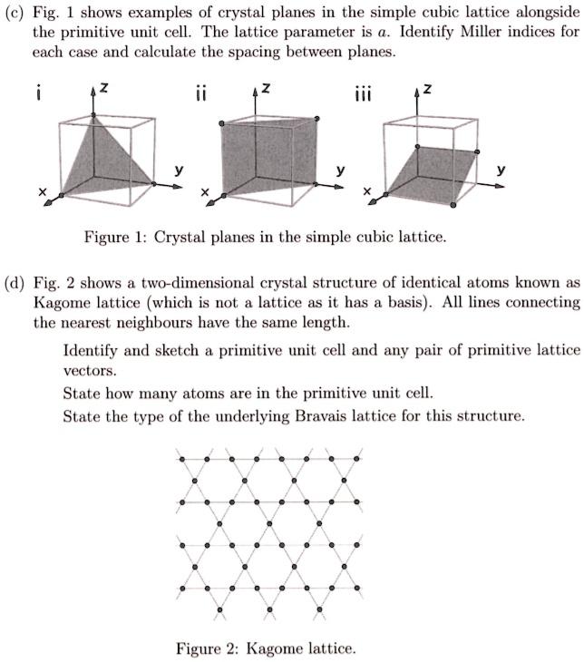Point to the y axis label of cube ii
click(340, 169)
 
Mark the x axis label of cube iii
click(366, 192)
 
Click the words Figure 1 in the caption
click(109, 238)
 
